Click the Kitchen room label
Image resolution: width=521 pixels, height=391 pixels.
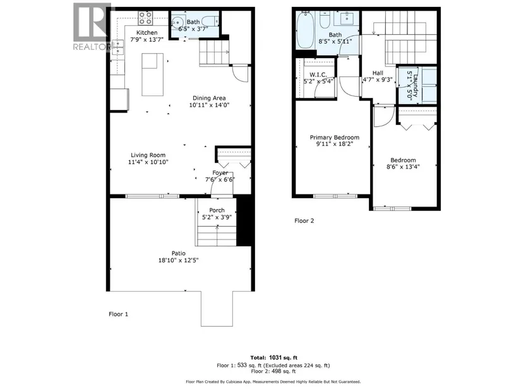(x=147, y=33)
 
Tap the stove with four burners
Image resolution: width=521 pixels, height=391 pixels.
(x=145, y=18)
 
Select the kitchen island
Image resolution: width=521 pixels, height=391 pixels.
(x=153, y=75)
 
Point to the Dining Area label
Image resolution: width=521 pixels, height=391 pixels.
(x=209, y=98)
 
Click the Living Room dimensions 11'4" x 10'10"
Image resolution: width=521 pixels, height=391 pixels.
(x=148, y=162)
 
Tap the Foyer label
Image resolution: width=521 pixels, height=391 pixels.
(x=220, y=173)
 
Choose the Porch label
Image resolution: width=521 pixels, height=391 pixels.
(x=217, y=210)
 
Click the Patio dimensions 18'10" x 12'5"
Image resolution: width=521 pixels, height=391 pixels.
(x=179, y=260)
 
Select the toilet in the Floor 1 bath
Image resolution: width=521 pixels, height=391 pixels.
(x=210, y=21)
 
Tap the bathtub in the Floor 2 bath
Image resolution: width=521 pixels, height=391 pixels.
(x=304, y=30)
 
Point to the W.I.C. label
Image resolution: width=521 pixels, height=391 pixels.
(x=318, y=75)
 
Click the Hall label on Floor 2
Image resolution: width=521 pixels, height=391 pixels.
(x=378, y=73)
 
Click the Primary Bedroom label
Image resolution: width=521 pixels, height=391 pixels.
(x=335, y=137)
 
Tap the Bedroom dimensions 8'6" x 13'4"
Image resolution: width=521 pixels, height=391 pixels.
(x=403, y=167)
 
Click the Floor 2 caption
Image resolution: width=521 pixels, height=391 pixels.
(x=304, y=221)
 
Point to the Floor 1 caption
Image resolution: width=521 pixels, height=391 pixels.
(x=118, y=314)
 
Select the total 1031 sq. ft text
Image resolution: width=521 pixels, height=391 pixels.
(x=274, y=358)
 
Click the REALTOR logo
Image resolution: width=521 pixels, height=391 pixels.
(x=92, y=27)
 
